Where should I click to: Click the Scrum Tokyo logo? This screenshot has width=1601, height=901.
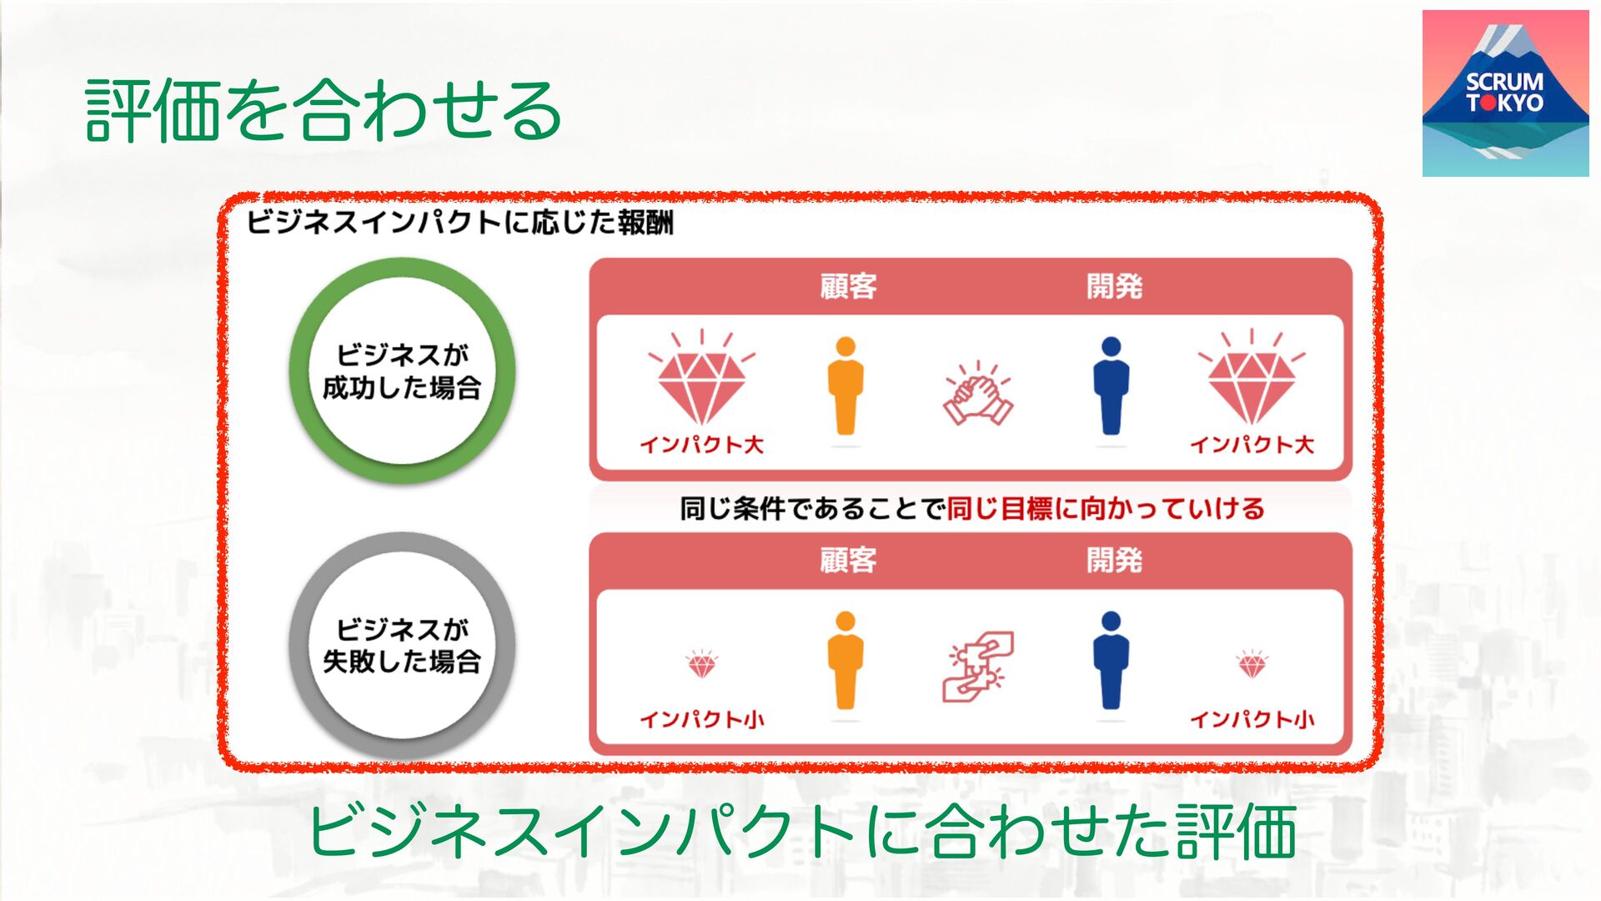coord(1505,93)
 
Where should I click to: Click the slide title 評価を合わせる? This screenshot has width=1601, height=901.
coord(324,110)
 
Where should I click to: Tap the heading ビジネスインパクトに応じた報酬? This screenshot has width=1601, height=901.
coord(459,223)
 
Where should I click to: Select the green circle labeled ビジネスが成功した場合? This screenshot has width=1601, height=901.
coord(402,370)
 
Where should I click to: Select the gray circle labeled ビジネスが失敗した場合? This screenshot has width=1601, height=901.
coord(402,645)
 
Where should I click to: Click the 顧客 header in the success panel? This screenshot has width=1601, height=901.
coord(848,286)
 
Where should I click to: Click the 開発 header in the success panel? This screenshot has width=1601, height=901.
coord(1114,286)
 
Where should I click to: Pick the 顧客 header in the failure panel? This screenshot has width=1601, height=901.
coord(848,560)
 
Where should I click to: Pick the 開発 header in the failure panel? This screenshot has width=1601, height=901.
coord(1114,560)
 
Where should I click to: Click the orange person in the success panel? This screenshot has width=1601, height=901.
coord(846,386)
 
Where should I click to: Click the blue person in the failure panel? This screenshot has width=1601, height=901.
coord(1111,661)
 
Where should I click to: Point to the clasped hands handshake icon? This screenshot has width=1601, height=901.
coord(978,395)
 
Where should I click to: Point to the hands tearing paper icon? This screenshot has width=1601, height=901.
coord(978,665)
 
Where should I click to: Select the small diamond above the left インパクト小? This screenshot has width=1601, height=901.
coord(701,664)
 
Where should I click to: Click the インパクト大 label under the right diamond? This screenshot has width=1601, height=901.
coord(1251,445)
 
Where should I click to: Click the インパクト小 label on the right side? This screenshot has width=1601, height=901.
coord(1251,719)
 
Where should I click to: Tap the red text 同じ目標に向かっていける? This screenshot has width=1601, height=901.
coord(1106,508)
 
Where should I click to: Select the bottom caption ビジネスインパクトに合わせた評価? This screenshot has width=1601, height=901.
coord(801,831)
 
